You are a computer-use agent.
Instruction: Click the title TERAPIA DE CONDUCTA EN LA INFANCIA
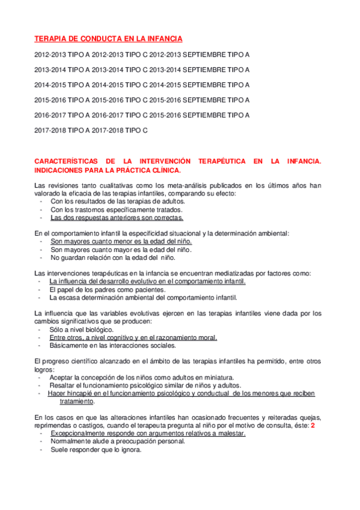pos(109,38)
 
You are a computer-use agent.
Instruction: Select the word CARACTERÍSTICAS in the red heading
pos(66,161)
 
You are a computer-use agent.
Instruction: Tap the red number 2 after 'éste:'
pos(313,425)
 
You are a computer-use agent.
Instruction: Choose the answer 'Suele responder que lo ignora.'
pos(96,449)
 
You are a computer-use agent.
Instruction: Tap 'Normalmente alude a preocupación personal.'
pos(117,441)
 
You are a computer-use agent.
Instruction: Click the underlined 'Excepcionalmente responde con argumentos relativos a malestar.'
pos(147,433)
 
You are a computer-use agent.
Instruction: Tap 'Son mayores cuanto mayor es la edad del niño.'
pos(121,250)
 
